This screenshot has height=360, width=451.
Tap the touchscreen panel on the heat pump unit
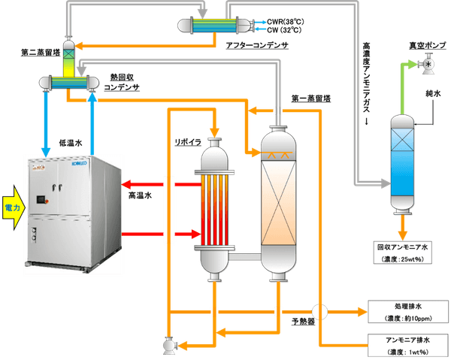[x=39, y=201]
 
